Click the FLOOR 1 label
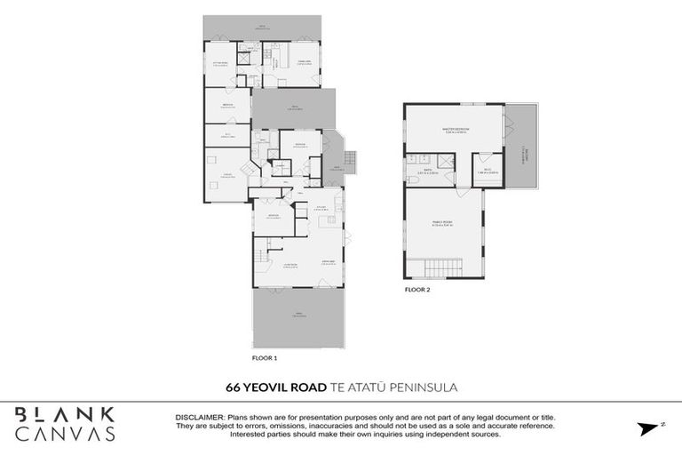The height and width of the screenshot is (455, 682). coord(265,357)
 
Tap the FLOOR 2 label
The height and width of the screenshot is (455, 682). coord(416,290)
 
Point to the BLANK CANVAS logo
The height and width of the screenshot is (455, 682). coord(65,424)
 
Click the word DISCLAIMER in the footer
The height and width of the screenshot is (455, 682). coord(200,416)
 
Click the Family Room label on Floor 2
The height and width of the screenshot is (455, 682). coord(442,225)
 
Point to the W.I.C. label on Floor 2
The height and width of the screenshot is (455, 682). coord(488,171)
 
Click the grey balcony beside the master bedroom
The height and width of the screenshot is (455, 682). coord(521,147)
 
